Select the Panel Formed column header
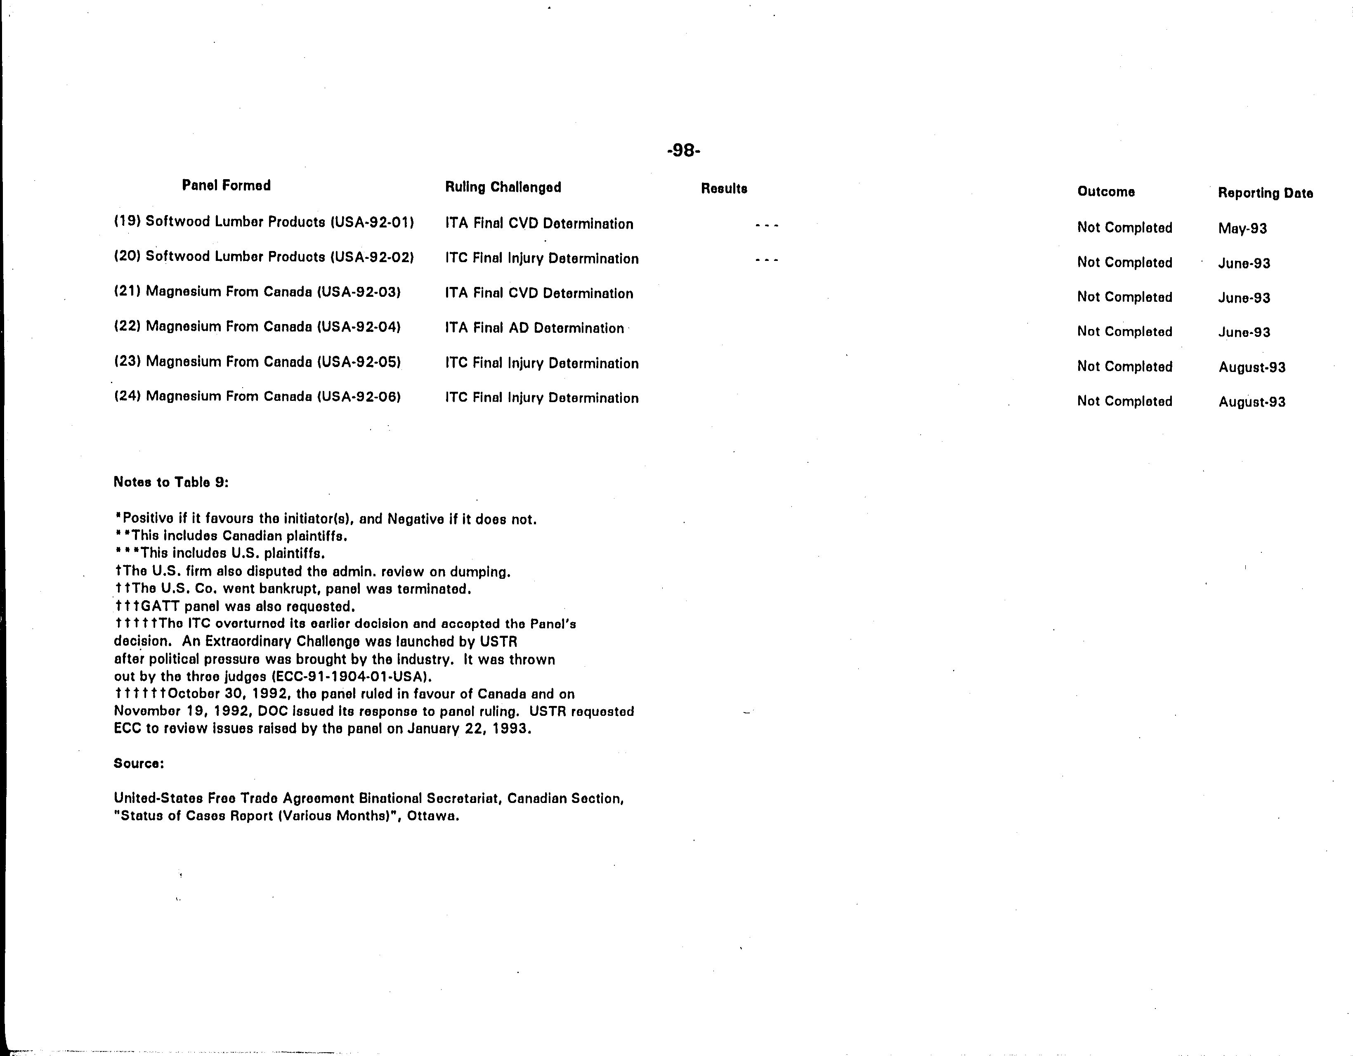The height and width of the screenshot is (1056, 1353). click(226, 185)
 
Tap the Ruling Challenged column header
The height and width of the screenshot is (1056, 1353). click(503, 187)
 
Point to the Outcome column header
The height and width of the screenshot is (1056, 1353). click(1106, 192)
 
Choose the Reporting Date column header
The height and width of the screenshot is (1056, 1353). click(1265, 193)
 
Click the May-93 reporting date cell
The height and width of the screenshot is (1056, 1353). click(1242, 228)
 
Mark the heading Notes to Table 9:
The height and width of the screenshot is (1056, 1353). click(171, 482)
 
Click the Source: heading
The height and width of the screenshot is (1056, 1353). click(139, 763)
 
